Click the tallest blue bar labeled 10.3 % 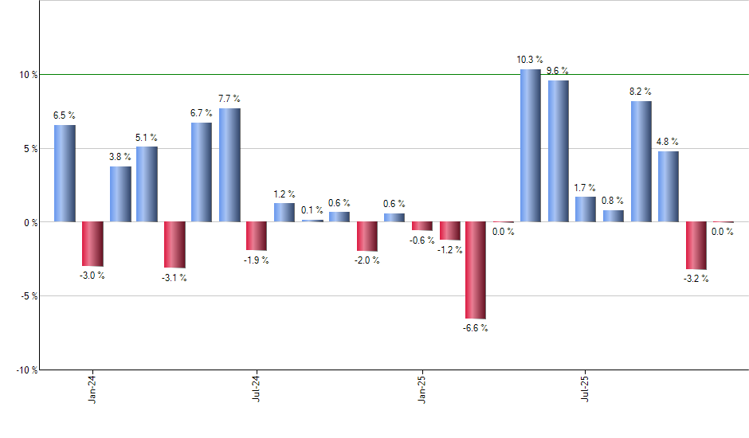[x=531, y=146]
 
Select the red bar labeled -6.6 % [x=476, y=270]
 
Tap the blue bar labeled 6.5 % [x=65, y=174]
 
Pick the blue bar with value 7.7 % [x=229, y=165]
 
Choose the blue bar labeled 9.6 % [x=558, y=151]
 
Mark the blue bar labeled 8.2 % [x=641, y=161]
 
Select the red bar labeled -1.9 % [x=257, y=236]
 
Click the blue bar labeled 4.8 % [x=668, y=186]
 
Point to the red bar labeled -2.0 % [x=367, y=237]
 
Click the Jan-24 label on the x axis [x=92, y=388]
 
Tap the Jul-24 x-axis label [x=257, y=388]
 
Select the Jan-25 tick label [x=422, y=388]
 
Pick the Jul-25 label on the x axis [x=586, y=388]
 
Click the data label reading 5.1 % [x=147, y=137]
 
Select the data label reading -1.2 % [x=450, y=250]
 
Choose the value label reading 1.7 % [x=585, y=188]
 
